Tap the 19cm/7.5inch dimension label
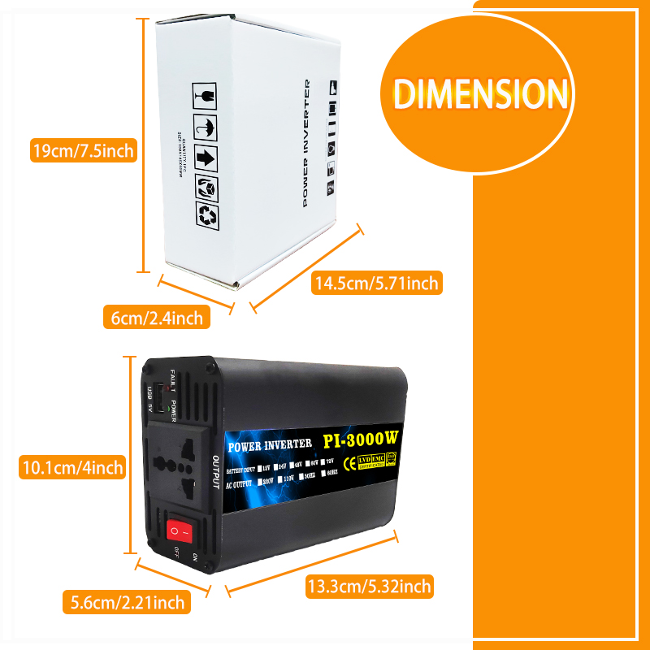[x=82, y=150]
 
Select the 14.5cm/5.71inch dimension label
[x=377, y=283]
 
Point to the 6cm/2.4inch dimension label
[x=157, y=318]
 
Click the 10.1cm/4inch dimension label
[x=71, y=467]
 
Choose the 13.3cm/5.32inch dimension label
[x=369, y=585]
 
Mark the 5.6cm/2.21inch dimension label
[x=128, y=602]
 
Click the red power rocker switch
[x=181, y=532]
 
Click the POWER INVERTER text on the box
[x=306, y=142]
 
